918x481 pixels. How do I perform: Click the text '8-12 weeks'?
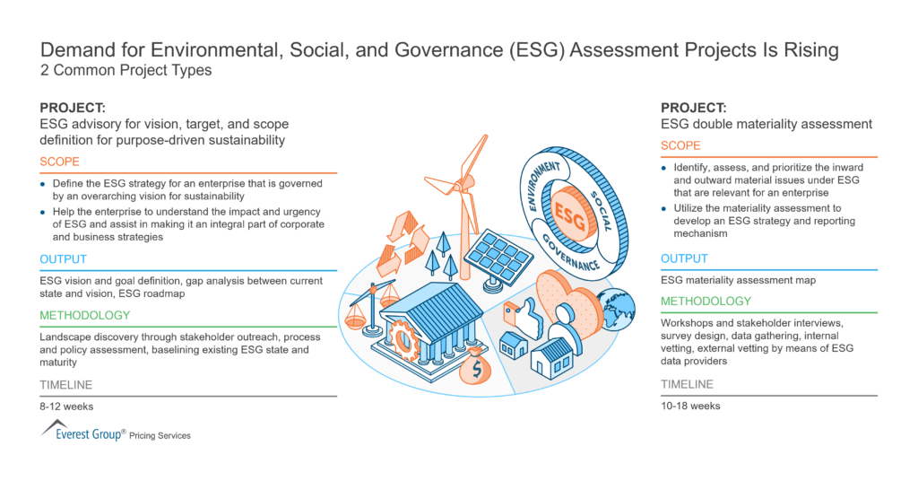pos(65,406)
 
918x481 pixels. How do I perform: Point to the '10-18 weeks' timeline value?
pos(690,406)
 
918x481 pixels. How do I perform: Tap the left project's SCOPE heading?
pos(60,162)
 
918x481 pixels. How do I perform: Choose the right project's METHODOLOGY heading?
pos(706,302)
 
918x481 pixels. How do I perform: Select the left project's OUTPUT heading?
pos(63,259)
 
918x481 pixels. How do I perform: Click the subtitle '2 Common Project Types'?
pos(126,71)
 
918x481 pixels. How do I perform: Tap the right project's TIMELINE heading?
pos(688,384)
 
